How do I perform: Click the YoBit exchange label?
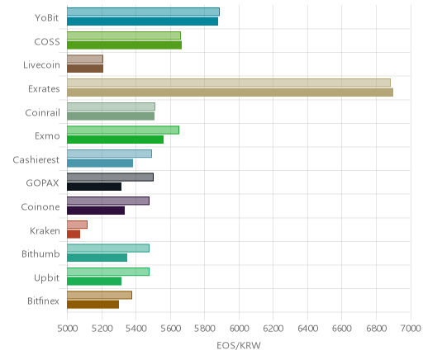click(46, 18)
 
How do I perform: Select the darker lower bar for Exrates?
click(230, 92)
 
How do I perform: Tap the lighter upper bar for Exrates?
click(229, 83)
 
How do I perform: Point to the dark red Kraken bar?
click(74, 234)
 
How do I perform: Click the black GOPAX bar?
click(94, 187)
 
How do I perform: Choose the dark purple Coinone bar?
click(96, 211)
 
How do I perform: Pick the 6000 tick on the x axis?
click(239, 329)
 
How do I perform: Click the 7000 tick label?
click(411, 329)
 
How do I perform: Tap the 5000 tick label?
click(67, 329)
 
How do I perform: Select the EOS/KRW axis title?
click(239, 345)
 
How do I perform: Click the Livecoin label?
click(41, 65)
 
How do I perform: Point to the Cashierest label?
click(36, 159)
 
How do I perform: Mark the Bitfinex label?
click(43, 301)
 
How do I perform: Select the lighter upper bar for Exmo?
click(123, 130)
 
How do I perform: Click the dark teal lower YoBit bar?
click(143, 21)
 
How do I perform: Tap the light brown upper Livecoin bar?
click(85, 59)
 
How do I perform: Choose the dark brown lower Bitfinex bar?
click(93, 305)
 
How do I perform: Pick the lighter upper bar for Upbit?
click(108, 272)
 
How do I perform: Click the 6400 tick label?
click(307, 329)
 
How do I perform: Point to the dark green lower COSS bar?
click(125, 45)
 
